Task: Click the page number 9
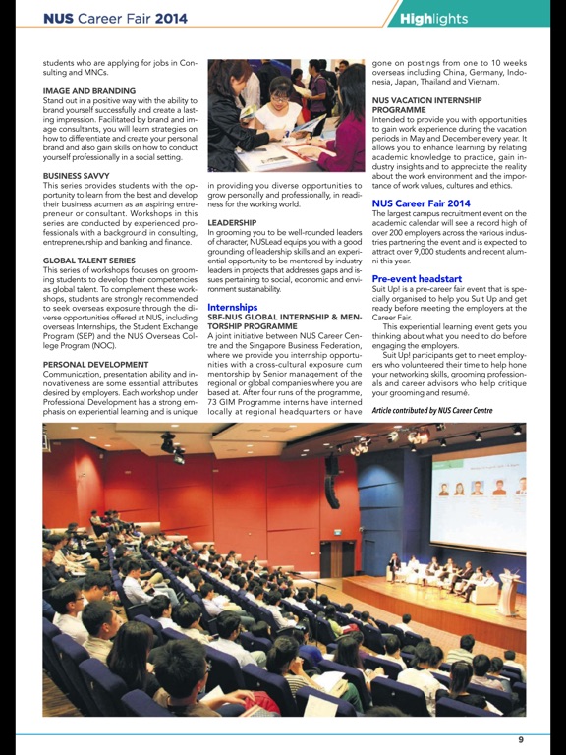pos(521,739)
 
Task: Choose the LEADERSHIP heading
pos(233,223)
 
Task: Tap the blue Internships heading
pos(232,307)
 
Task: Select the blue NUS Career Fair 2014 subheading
pos(421,203)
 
